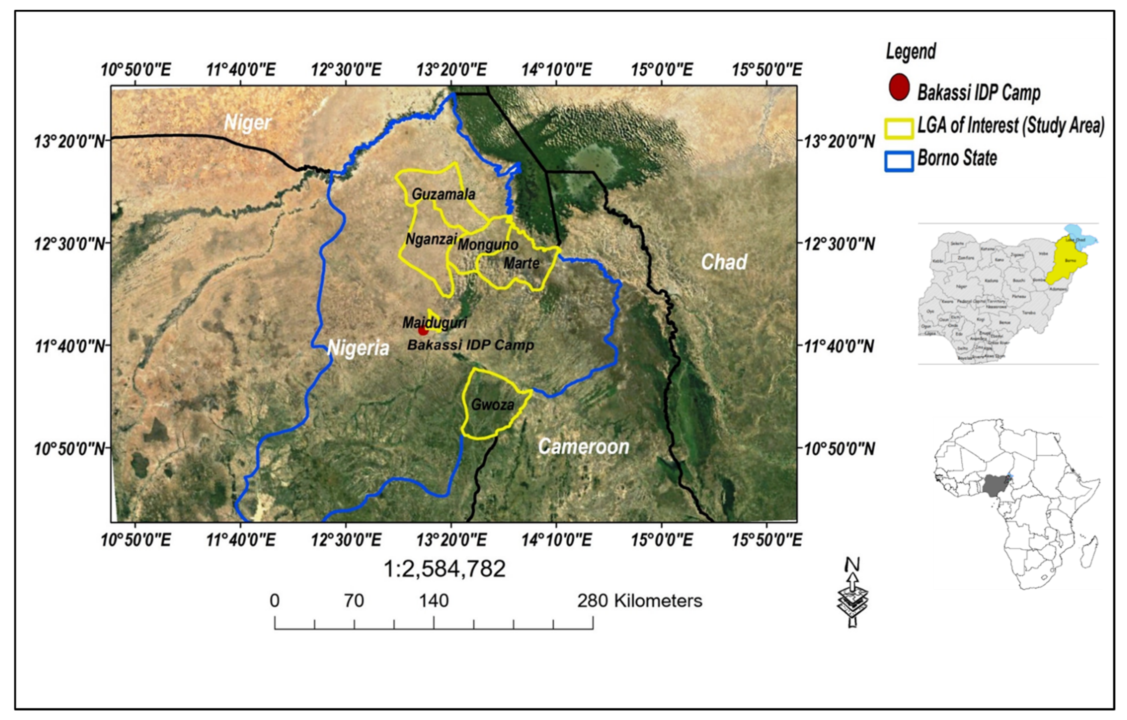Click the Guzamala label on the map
point(443,194)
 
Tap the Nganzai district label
point(431,239)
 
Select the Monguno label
point(488,244)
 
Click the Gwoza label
point(492,404)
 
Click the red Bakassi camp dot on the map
point(423,330)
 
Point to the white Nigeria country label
point(358,348)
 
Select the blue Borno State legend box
point(899,161)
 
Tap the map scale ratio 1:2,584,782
point(444,569)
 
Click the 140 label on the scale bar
point(433,601)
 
